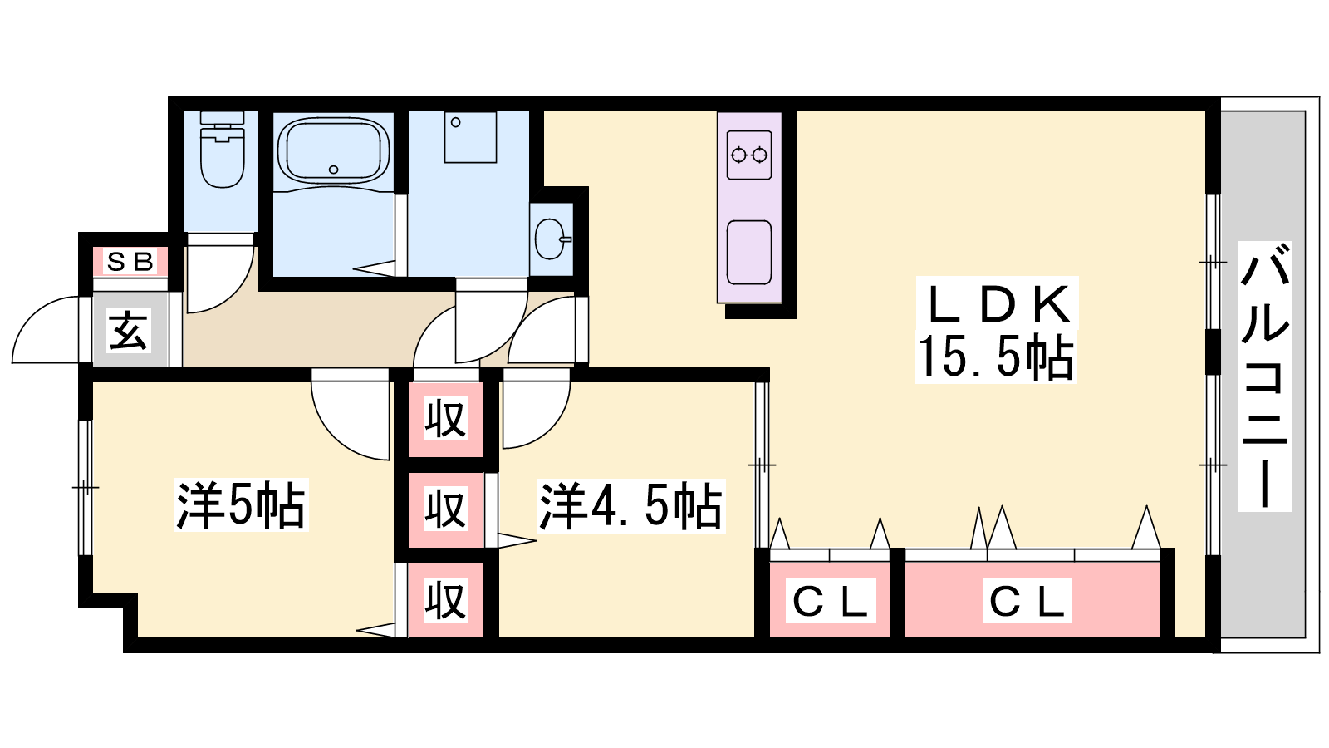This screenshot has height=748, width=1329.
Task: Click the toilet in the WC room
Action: point(223,154)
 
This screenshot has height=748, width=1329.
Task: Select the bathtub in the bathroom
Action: point(333,150)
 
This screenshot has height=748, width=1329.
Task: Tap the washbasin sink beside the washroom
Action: point(552,239)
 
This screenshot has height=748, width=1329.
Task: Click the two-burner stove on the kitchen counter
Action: point(748,155)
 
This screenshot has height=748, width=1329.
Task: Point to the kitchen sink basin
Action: point(748,252)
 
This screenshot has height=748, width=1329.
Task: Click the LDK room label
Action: point(998,304)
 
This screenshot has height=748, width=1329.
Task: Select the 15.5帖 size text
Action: point(995,357)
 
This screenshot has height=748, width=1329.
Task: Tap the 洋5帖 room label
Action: point(241,504)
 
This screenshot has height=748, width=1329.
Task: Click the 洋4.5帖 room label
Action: point(630,504)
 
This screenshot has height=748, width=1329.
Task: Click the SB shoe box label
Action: point(130,262)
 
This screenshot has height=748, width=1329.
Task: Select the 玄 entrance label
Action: point(130,331)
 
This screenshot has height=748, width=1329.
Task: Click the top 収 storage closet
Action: point(445,419)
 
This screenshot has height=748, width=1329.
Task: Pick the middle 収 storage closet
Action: point(445,509)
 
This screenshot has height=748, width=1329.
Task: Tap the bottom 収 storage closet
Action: point(445,600)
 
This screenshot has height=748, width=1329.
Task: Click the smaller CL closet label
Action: point(830,601)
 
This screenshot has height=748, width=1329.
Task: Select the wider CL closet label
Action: point(1027,601)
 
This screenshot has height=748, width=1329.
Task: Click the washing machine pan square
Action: point(470,137)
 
